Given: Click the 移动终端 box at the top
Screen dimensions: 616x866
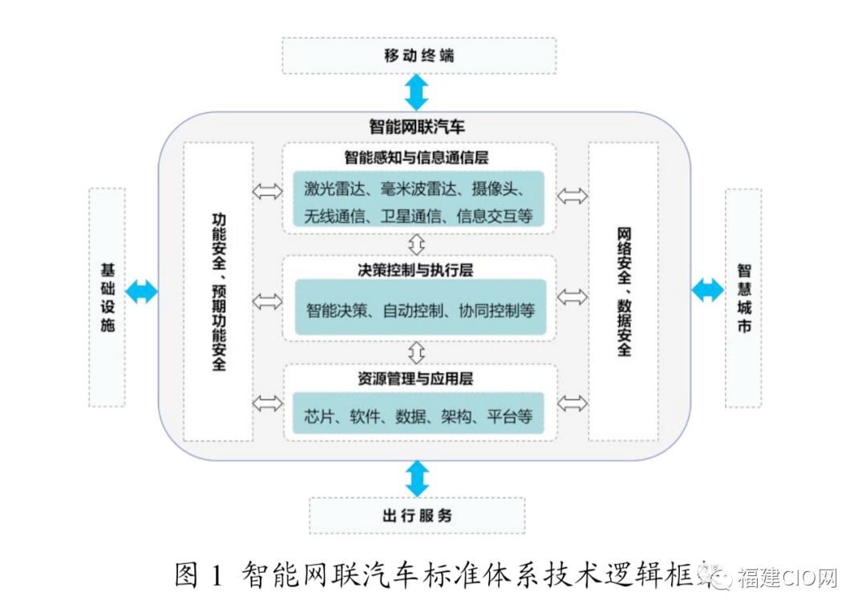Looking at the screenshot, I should pyautogui.click(x=419, y=55).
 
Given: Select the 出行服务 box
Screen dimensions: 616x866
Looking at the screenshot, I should pyautogui.click(x=417, y=516).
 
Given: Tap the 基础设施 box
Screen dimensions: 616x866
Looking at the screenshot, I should pyautogui.click(x=107, y=297).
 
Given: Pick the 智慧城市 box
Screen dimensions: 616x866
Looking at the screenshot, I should pyautogui.click(x=743, y=297).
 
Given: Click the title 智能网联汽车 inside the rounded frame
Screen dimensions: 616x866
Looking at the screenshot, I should pyautogui.click(x=417, y=127).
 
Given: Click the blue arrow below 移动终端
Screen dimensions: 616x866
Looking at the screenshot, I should pyautogui.click(x=417, y=92).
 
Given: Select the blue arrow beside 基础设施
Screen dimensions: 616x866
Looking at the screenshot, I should pyautogui.click(x=142, y=291).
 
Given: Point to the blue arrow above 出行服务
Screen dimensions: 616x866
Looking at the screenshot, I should pyautogui.click(x=417, y=479).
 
